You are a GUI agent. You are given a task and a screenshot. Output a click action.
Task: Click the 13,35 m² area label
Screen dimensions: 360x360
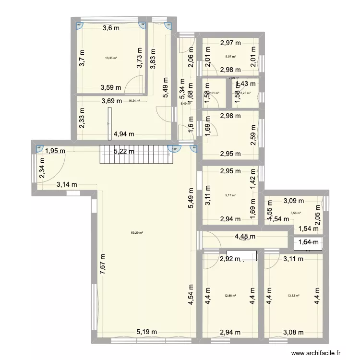tap(111, 59)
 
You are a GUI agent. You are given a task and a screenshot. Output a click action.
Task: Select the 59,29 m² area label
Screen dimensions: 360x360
tap(137, 233)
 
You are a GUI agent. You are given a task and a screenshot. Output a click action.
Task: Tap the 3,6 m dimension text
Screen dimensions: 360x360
tap(111, 28)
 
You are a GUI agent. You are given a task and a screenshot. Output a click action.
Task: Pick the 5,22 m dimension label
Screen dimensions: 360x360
tap(124, 152)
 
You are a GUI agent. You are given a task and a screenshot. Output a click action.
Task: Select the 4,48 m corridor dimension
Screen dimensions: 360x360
tap(245, 236)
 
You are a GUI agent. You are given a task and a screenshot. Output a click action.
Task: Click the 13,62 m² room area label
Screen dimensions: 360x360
tap(293, 296)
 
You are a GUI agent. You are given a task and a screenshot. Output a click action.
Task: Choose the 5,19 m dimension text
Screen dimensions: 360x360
tap(146, 331)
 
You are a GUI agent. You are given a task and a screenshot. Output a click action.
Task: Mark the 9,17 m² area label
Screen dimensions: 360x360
tap(231, 195)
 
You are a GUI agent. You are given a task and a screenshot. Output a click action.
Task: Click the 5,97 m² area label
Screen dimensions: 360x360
tap(231, 57)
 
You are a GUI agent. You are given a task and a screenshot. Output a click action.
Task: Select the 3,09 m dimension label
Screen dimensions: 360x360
tap(293, 201)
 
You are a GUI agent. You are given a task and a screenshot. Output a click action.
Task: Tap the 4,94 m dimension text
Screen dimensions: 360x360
tap(123, 135)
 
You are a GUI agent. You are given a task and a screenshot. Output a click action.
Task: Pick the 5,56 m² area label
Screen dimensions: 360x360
tap(296, 213)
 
